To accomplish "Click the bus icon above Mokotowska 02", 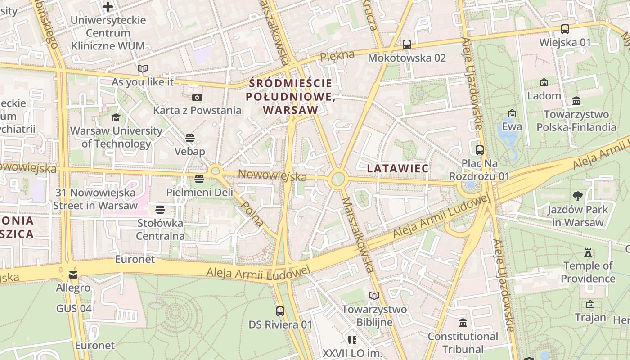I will (406, 44).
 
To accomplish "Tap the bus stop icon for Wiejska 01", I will (565, 29).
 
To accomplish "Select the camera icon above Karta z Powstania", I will (197, 97).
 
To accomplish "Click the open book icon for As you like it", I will (143, 68).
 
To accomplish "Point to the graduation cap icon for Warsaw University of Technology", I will (116, 117).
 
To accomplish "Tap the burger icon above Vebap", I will (189, 138).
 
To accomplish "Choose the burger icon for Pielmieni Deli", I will (199, 179).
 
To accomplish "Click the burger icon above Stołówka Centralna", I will (160, 209).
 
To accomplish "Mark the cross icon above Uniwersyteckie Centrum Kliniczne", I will (108, 6).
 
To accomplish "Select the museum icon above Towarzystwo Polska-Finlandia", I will (576, 101).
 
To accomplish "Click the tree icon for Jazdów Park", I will (578, 196).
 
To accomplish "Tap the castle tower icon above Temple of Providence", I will (588, 252).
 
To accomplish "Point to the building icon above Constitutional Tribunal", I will (463, 323).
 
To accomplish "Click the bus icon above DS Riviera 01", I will (280, 311).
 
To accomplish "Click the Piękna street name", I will (337, 56).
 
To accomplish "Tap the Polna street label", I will (252, 213).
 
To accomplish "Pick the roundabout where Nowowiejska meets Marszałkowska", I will (337, 179).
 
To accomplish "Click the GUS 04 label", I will (74, 308).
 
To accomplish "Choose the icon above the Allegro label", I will (73, 274).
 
